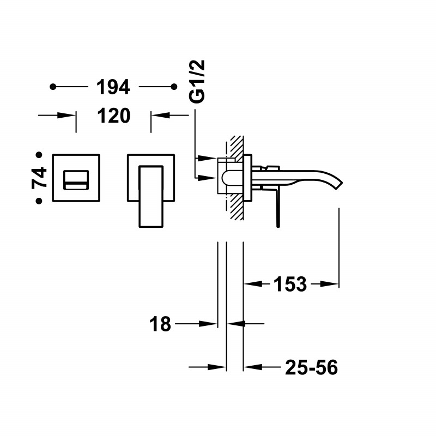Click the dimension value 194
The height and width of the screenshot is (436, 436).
click(113, 87)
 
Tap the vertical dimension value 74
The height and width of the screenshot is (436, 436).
click(39, 178)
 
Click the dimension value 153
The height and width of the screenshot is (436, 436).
click(289, 284)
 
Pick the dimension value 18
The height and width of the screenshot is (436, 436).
click(160, 324)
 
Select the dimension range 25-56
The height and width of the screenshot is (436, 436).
click(311, 368)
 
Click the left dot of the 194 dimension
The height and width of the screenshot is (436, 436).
click(53, 87)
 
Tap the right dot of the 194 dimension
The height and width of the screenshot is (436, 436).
click(174, 87)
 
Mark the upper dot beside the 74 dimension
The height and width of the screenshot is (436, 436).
click(39, 155)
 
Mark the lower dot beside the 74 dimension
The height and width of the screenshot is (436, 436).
click(39, 201)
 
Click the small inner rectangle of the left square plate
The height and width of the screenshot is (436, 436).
click(76, 179)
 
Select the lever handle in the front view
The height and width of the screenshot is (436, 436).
click(152, 196)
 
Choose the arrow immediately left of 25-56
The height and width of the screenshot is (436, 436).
click(251, 368)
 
